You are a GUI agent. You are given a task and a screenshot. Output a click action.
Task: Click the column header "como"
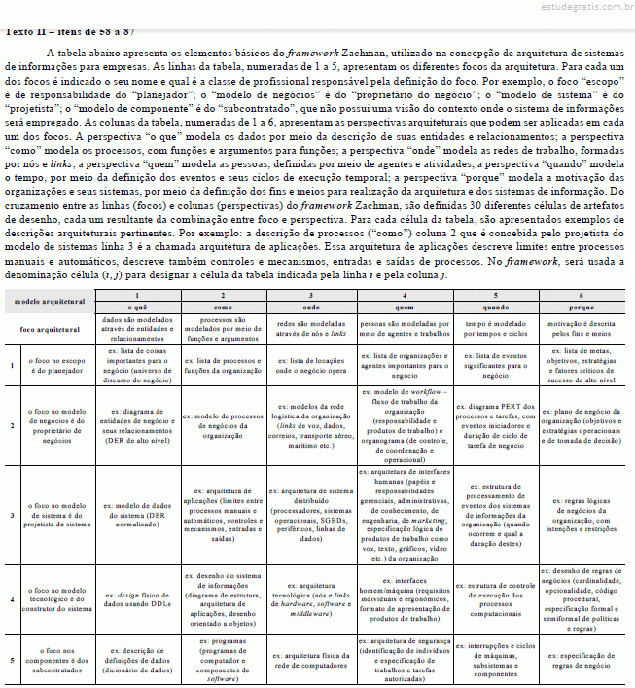[x=223, y=307]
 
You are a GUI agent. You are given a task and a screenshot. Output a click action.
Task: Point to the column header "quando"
[x=494, y=307]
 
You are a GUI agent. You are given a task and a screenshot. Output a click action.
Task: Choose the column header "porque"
[x=582, y=307]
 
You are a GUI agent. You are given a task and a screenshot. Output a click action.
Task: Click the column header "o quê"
[x=137, y=307]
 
